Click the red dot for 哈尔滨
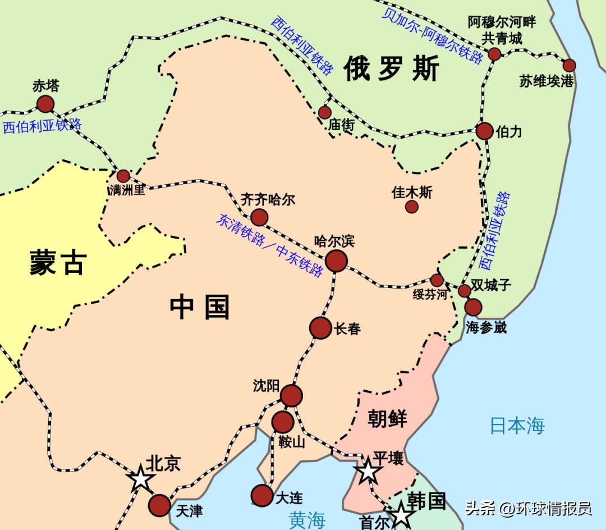pos(336,261)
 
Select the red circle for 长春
pos(321,328)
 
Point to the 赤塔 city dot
pos(45,104)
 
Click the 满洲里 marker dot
pos(123,176)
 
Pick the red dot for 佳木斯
pos(412,207)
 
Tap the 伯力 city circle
pos(485,131)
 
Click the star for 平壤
pos(368,471)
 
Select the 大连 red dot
pos(262,495)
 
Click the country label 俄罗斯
pos(392,68)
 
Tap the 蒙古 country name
pos(58,262)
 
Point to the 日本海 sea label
pos(517,425)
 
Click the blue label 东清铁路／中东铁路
pos(269,245)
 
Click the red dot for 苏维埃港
pos(570,65)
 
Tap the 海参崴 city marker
pos(473,307)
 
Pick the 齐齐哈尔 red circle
pos(259,217)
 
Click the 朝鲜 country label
pos(387,418)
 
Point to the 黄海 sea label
pos(307,519)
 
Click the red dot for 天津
pos(160,505)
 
